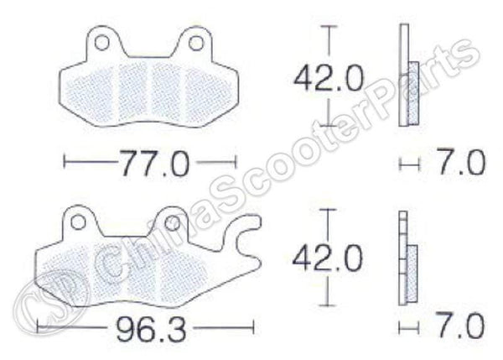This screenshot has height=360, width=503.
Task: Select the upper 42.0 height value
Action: click(x=328, y=79)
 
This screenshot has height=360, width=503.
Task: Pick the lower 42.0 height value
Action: click(x=328, y=253)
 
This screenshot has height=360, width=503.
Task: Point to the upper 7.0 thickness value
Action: click(x=460, y=161)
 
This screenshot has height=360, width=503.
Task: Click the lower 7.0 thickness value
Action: click(x=460, y=325)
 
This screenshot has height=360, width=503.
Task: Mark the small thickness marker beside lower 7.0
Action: click(x=407, y=326)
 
